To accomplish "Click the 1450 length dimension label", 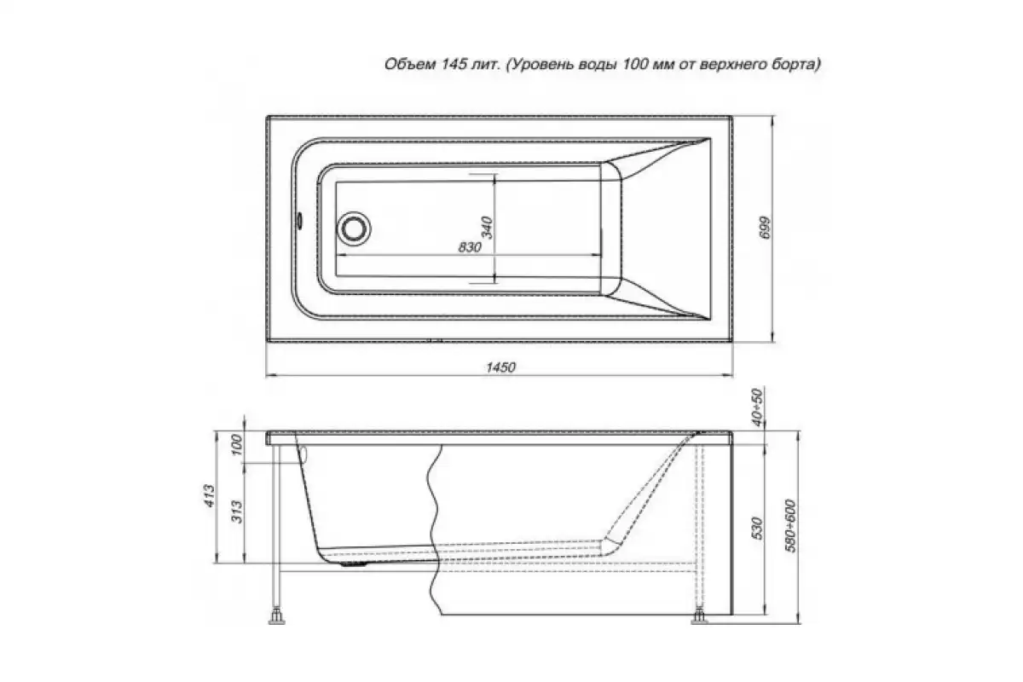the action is pyautogui.click(x=500, y=367).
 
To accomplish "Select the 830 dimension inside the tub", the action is pyautogui.click(x=470, y=247).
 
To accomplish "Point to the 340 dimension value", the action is pyautogui.click(x=488, y=228).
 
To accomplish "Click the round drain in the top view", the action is pyautogui.click(x=354, y=228).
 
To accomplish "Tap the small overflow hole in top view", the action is pyautogui.click(x=299, y=220).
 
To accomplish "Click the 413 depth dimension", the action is pyautogui.click(x=209, y=495).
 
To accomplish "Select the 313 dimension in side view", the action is pyautogui.click(x=237, y=511).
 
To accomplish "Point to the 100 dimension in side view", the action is pyautogui.click(x=236, y=445).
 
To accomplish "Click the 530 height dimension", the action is pyautogui.click(x=757, y=528).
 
